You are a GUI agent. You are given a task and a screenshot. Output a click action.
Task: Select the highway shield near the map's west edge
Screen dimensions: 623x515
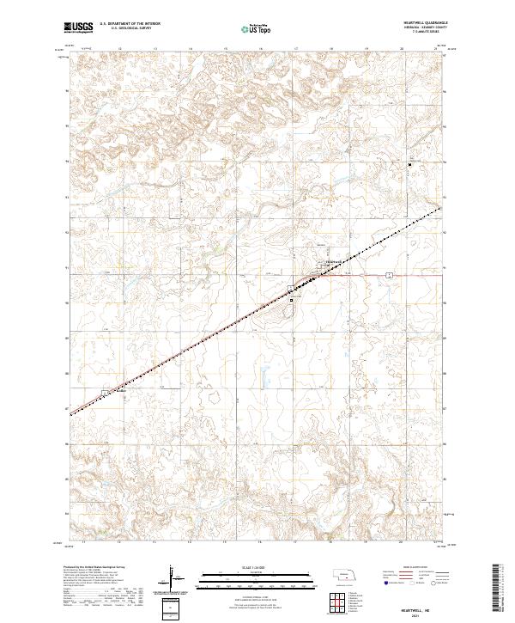105,393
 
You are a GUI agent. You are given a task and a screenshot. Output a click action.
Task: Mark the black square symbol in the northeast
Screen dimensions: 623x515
409,164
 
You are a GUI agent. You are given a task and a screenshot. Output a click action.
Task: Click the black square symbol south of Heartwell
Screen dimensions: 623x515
292,300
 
